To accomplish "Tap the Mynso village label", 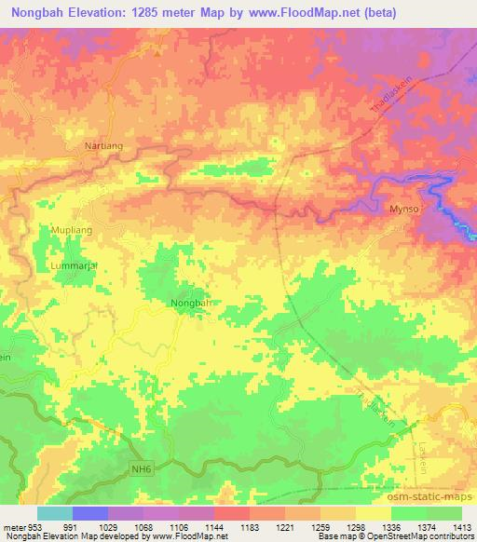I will pyautogui.click(x=403, y=210).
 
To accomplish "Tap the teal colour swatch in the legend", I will pyautogui.click(x=55, y=513).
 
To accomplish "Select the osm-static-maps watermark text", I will pyautogui.click(x=436, y=495).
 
